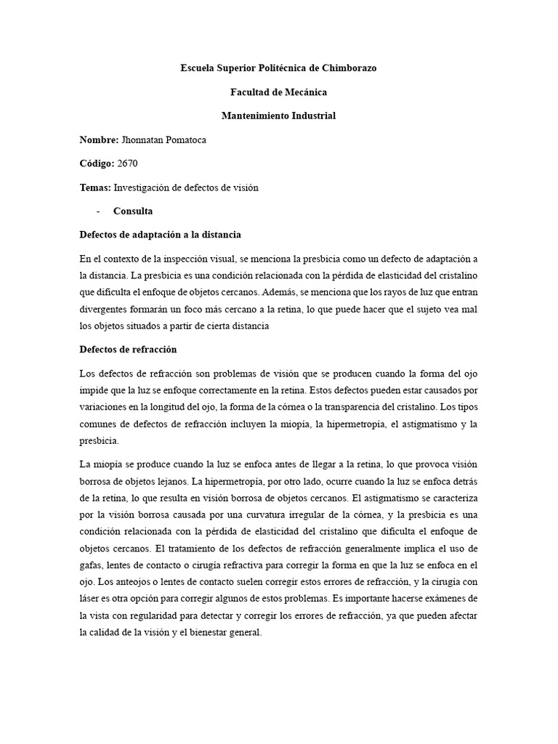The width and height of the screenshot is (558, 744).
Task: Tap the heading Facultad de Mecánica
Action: click(x=278, y=92)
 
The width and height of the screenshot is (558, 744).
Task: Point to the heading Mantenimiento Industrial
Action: click(x=278, y=116)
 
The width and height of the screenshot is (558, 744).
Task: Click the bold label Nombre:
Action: click(x=99, y=139)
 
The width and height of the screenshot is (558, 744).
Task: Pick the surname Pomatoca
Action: click(x=181, y=139)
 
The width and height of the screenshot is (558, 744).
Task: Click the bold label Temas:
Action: click(x=95, y=187)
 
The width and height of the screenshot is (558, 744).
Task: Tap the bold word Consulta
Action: click(x=133, y=211)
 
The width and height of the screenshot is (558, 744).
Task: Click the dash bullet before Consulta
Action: click(x=98, y=211)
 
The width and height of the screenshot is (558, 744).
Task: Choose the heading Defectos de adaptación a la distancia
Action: click(x=160, y=235)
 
